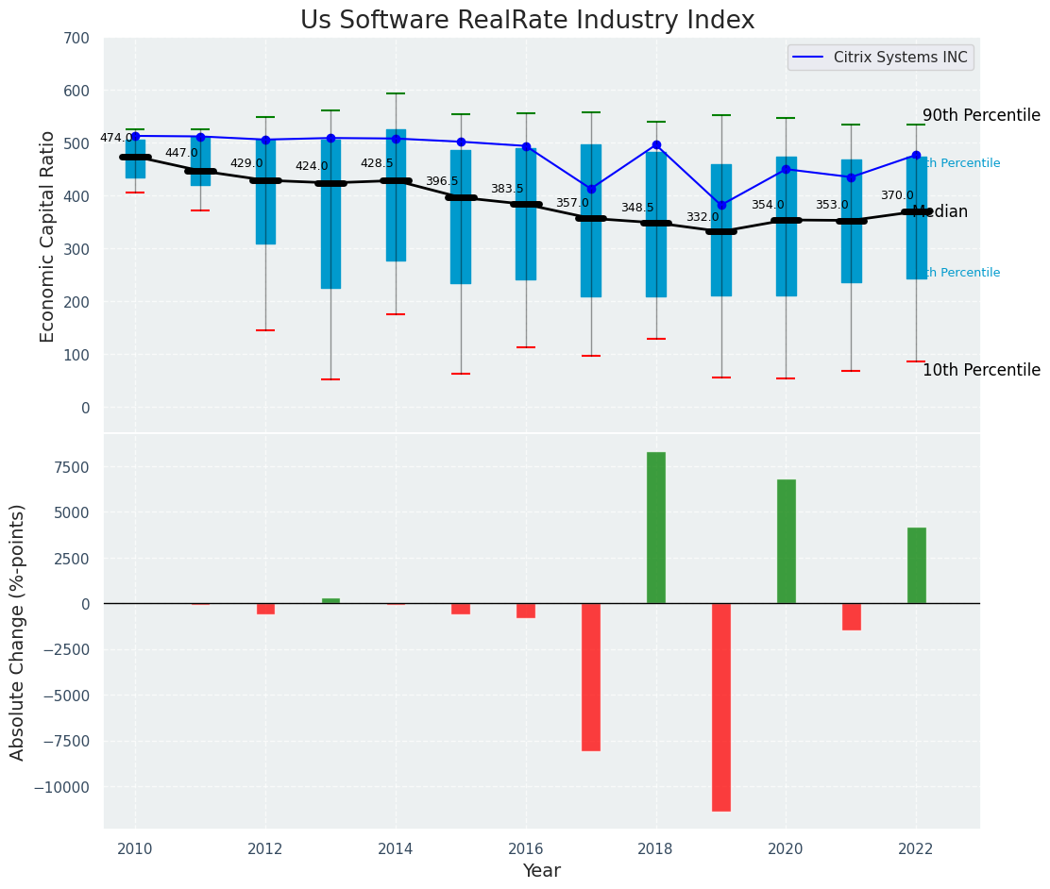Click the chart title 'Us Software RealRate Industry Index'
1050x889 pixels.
(x=527, y=21)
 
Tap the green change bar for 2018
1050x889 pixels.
(x=656, y=528)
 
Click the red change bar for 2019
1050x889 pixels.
(x=721, y=707)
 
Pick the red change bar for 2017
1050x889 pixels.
(x=591, y=677)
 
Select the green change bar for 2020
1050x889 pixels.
(x=787, y=542)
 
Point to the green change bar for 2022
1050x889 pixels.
(x=917, y=565)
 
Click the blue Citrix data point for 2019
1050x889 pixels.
(x=721, y=205)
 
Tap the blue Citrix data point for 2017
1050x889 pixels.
(x=591, y=189)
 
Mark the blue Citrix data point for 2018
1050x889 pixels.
(x=656, y=145)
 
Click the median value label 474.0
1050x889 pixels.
(x=116, y=139)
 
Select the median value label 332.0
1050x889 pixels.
(x=703, y=218)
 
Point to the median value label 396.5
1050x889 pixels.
(x=442, y=182)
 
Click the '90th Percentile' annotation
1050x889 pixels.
(x=981, y=115)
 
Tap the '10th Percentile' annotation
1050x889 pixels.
(x=981, y=370)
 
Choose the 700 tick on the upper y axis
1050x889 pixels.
(x=76, y=39)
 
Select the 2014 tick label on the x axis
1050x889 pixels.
(x=396, y=849)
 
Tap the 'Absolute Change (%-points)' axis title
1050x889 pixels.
(x=18, y=631)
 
